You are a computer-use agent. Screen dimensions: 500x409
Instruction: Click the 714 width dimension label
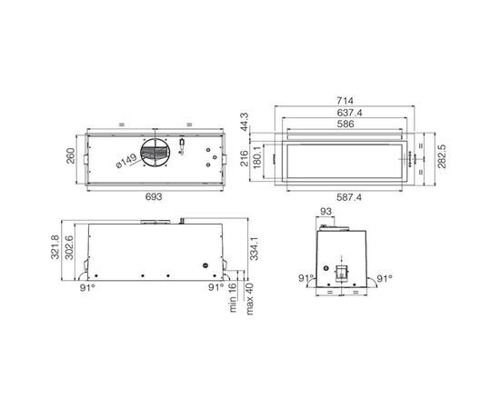[345, 101]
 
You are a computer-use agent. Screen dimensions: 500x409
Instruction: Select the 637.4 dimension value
[349, 113]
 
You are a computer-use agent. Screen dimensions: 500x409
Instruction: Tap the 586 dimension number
[345, 124]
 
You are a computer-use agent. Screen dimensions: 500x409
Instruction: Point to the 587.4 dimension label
[349, 197]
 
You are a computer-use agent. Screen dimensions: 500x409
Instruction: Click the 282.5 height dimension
[442, 156]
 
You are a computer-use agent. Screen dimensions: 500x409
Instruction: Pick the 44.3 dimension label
[245, 122]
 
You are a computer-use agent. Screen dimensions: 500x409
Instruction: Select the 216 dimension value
[245, 158]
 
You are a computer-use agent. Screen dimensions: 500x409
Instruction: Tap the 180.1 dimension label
[257, 156]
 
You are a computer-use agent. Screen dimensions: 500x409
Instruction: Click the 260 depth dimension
[71, 155]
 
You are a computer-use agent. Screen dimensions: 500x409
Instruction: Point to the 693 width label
[154, 197]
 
